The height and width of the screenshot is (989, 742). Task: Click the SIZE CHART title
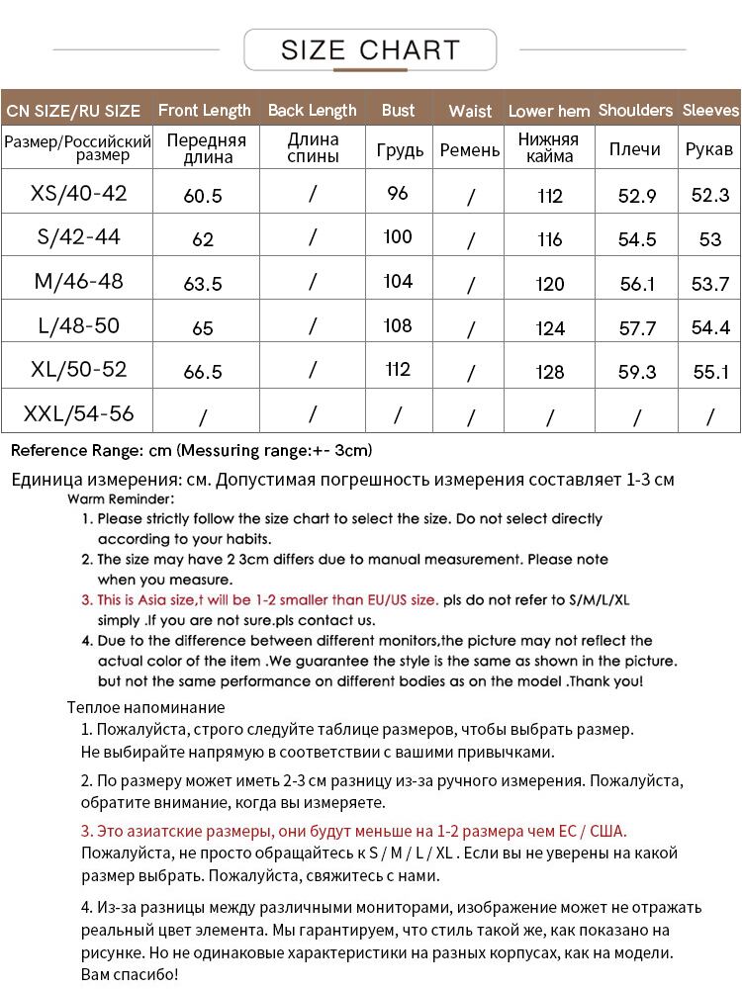tap(370, 49)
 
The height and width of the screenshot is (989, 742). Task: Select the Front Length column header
tap(205, 110)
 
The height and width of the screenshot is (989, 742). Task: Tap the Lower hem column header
tap(549, 111)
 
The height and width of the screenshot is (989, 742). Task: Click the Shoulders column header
tap(635, 110)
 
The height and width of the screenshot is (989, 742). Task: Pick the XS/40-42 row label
tap(79, 193)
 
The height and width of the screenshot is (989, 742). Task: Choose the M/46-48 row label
tap(79, 281)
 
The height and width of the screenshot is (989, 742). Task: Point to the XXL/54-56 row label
tap(79, 412)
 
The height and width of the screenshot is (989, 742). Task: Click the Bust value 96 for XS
tap(398, 194)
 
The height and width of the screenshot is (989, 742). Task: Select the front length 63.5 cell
tap(203, 284)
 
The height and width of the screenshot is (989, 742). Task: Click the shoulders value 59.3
tap(637, 373)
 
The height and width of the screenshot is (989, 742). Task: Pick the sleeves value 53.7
tap(709, 284)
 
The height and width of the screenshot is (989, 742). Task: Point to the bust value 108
tap(398, 325)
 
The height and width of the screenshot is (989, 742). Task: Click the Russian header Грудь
tap(400, 150)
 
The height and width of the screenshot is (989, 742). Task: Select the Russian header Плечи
tap(634, 149)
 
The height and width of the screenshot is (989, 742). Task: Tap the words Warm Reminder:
tap(121, 499)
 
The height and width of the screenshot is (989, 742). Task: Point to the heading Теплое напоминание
tap(145, 707)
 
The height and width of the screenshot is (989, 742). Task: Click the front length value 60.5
tap(203, 196)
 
